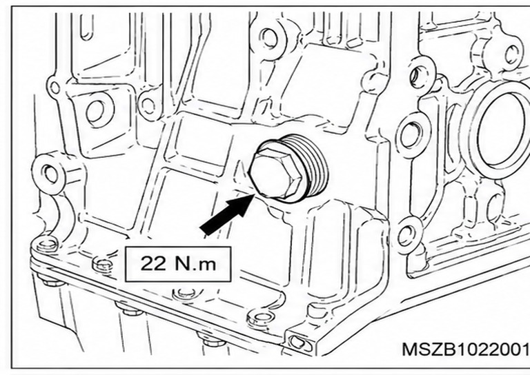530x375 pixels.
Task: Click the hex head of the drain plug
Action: click(x=275, y=174)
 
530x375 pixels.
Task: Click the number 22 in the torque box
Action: click(x=153, y=263)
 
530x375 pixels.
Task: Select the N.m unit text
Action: click(x=196, y=263)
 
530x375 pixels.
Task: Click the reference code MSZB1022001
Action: click(x=464, y=349)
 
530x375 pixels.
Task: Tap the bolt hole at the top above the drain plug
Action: click(x=269, y=38)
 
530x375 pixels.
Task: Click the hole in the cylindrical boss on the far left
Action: click(x=51, y=174)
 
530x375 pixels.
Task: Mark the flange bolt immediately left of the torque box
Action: click(x=103, y=264)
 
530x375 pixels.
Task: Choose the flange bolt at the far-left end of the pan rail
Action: click(x=47, y=245)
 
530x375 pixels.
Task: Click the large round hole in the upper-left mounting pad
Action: click(x=95, y=112)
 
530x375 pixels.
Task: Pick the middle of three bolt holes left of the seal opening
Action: click(x=411, y=136)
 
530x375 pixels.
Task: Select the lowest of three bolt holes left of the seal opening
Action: click(x=407, y=236)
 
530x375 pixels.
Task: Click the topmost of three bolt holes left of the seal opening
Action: click(x=419, y=77)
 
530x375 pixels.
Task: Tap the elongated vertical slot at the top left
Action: click(x=87, y=27)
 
